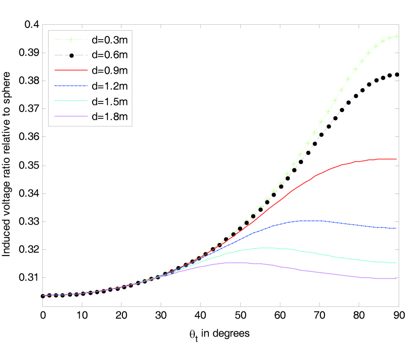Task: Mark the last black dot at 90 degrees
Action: pyautogui.click(x=397, y=75)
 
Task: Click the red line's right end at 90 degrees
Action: pyautogui.click(x=396, y=159)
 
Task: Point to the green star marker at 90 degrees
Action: pyautogui.click(x=396, y=36)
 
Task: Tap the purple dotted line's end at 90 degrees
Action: pyautogui.click(x=396, y=279)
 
